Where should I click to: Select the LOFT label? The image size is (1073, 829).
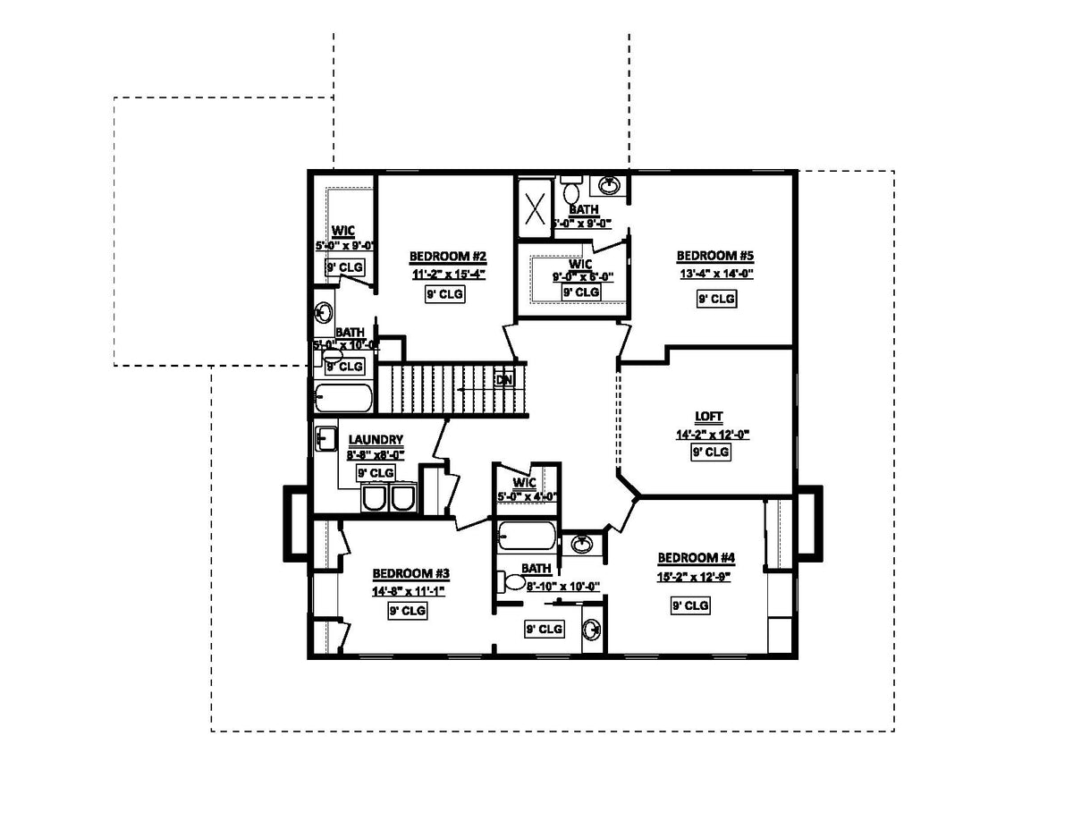(x=712, y=417)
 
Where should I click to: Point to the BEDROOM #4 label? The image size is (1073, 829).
(x=696, y=558)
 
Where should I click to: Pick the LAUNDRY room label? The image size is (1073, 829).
(x=376, y=439)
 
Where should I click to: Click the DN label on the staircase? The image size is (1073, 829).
(x=504, y=379)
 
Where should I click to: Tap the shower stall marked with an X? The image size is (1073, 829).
(x=536, y=210)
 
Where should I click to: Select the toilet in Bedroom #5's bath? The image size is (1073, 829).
(x=572, y=191)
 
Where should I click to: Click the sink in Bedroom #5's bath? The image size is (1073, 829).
(x=610, y=185)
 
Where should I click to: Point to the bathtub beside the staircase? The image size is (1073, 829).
(x=343, y=397)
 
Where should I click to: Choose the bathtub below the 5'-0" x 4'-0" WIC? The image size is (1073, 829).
(x=527, y=536)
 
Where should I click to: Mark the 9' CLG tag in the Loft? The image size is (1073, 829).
(x=711, y=453)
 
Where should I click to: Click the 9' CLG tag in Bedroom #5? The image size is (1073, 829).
(x=716, y=299)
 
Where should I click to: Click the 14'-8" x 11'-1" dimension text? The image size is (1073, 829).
(x=409, y=591)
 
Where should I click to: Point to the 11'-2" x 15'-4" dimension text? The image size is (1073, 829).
(x=449, y=275)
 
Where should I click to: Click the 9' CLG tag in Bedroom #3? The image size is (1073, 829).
(x=407, y=612)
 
